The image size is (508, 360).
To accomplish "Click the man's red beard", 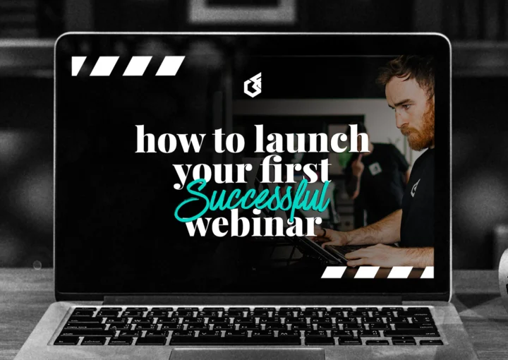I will [x=421, y=133].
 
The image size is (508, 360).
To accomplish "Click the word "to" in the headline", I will [x=230, y=140].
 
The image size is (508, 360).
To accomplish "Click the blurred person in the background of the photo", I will [x=374, y=176].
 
